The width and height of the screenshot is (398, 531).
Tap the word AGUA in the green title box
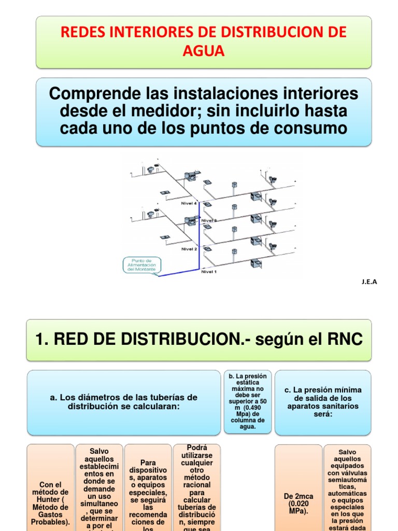pos(204,51)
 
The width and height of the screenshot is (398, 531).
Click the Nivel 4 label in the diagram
pos(189,203)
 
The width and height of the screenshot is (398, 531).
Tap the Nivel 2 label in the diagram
pos(189,249)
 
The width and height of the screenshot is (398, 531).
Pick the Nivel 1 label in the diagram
pos(209,272)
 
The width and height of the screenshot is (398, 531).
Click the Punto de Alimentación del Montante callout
pos(142,265)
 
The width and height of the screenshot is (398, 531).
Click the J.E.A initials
pos(369,282)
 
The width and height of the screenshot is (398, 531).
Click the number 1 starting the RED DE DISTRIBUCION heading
pos(40,340)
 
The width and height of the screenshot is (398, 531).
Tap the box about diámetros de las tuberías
pos(124,402)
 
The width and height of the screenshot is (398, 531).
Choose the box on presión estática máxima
pos(247,402)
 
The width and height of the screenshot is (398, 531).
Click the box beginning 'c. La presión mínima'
pos(323,402)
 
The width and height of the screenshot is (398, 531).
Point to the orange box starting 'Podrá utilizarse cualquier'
pos(197,487)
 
